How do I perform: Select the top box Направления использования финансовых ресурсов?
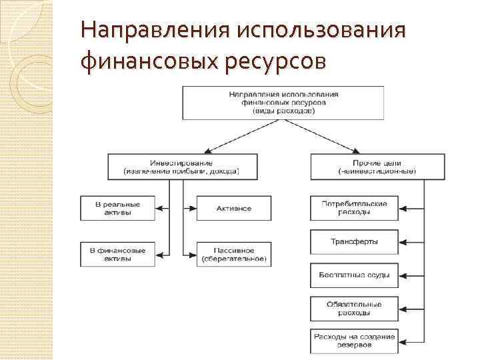(x=283, y=103)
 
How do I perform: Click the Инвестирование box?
(x=181, y=167)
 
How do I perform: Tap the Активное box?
(x=234, y=208)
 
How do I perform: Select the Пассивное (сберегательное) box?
(x=234, y=254)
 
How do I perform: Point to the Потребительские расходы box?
(x=354, y=208)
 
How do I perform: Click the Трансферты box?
(x=354, y=241)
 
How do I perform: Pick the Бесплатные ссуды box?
(x=354, y=275)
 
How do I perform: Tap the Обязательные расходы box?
(x=354, y=307)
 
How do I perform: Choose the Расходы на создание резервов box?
(x=354, y=341)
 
